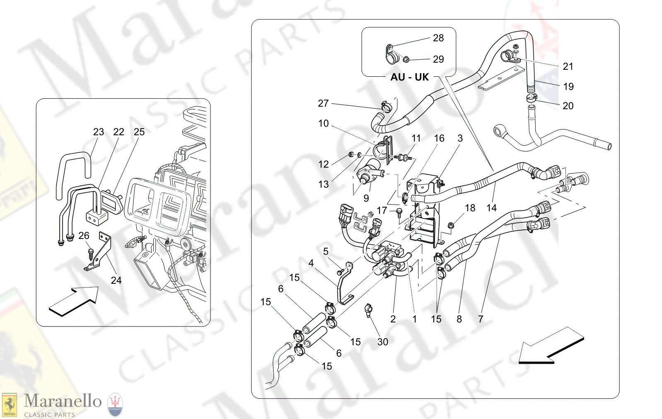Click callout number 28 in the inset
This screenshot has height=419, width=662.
[438, 38]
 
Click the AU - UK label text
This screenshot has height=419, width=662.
[409, 77]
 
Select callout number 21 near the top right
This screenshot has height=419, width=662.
[568, 66]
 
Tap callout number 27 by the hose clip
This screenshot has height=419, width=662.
[323, 103]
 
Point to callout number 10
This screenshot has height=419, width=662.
[323, 124]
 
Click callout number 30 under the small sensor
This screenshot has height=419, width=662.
[382, 342]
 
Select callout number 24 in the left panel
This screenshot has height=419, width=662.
[116, 280]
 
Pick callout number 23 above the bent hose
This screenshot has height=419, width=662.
[98, 132]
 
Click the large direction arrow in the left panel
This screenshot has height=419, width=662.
[74, 301]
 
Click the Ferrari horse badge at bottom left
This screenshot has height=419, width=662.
[9, 405]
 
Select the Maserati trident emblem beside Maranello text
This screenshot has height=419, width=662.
[115, 404]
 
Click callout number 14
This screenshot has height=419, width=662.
[491, 208]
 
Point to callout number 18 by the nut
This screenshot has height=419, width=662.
[470, 208]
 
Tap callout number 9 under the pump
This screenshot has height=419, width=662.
[366, 198]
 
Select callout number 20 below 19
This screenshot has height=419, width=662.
[568, 106]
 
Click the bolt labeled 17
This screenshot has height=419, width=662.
[399, 212]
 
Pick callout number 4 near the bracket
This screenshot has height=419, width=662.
[311, 263]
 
